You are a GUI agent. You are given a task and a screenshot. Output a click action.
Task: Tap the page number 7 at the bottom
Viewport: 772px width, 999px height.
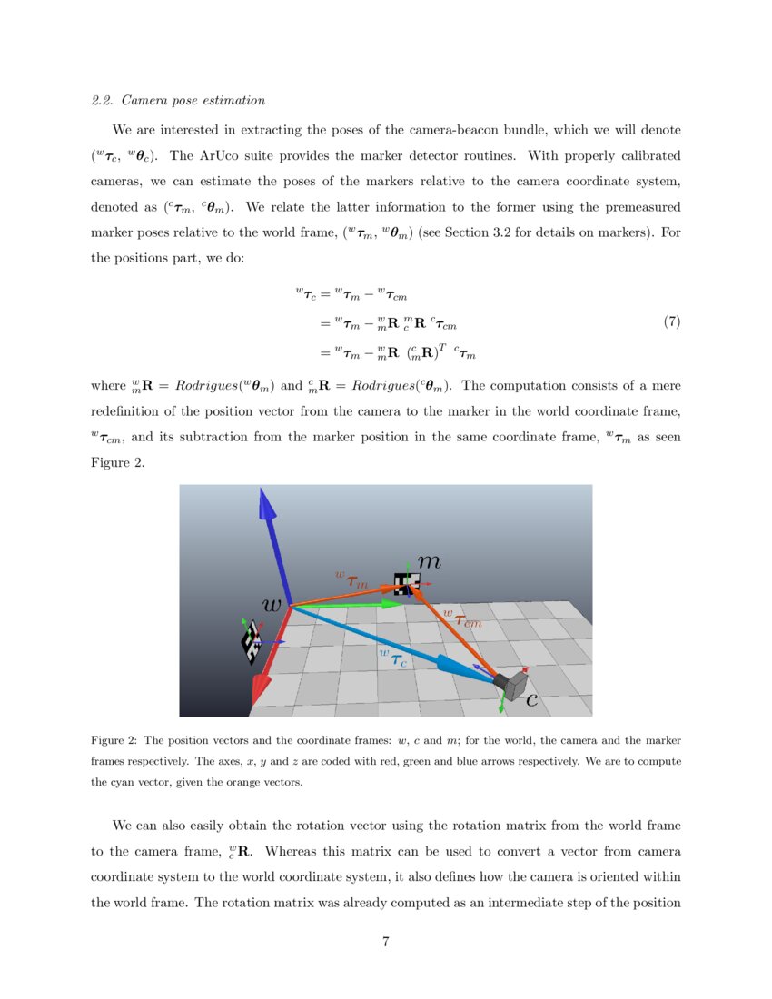(x=386, y=941)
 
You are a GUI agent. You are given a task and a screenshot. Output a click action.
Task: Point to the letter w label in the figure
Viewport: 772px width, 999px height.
(x=271, y=604)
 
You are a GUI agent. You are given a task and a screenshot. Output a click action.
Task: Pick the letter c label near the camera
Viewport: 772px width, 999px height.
(x=531, y=700)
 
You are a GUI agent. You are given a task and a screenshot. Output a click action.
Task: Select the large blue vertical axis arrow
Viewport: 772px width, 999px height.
(x=273, y=545)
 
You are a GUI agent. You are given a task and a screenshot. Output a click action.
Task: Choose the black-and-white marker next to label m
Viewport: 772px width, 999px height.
(x=405, y=584)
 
